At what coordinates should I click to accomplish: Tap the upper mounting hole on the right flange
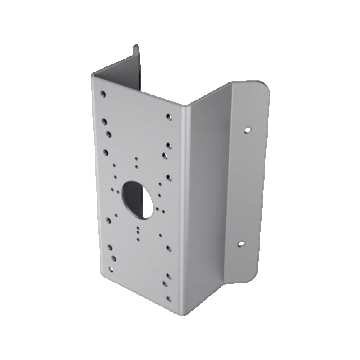coord(245,129)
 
